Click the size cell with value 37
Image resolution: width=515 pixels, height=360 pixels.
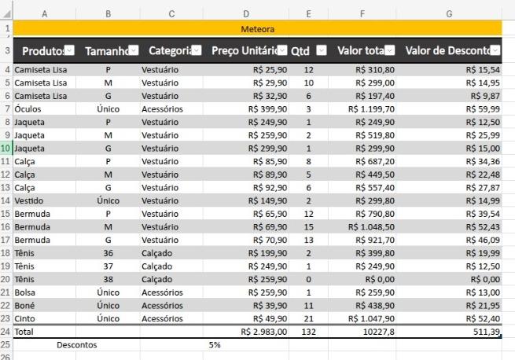pyautogui.click(x=108, y=266)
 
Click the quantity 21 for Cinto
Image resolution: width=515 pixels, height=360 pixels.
pyautogui.click(x=308, y=318)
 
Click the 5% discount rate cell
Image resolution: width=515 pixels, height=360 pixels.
pyautogui.click(x=215, y=344)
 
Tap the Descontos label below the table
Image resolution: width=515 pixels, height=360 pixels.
pyautogui.click(x=76, y=344)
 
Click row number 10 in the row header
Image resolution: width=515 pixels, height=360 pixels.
pyautogui.click(x=6, y=148)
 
